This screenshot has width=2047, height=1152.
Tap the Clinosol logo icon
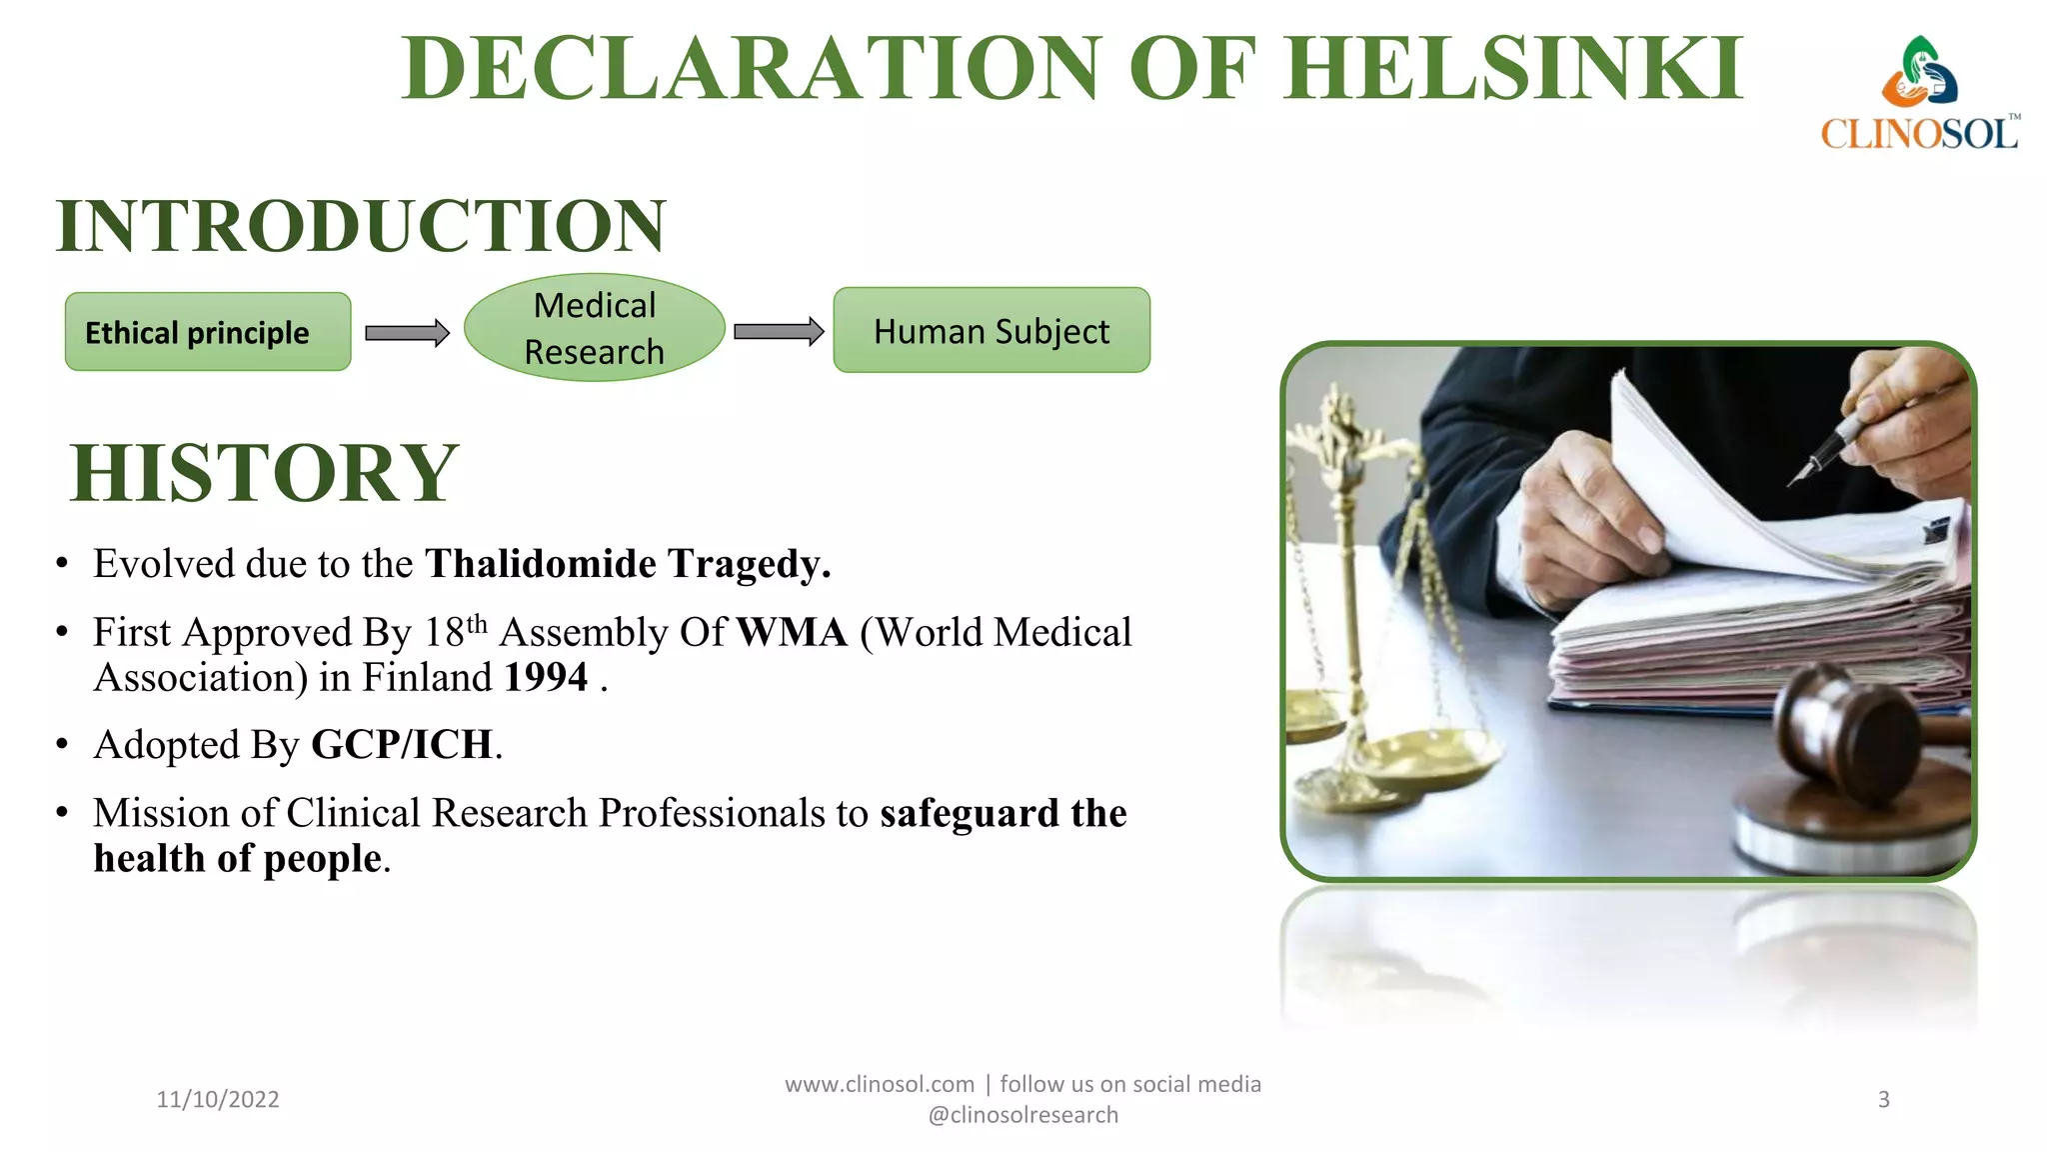[x=1919, y=72]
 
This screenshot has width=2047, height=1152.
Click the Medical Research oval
[x=595, y=328]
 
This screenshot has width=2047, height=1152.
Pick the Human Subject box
[x=992, y=331]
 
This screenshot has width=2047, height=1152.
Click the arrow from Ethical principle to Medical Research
[x=407, y=333]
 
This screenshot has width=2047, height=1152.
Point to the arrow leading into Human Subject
[x=779, y=332]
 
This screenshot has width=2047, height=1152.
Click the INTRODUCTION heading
[x=361, y=226]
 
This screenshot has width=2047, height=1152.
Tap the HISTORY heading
[x=265, y=473]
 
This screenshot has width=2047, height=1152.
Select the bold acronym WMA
[x=792, y=633]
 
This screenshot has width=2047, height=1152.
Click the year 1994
[x=546, y=678]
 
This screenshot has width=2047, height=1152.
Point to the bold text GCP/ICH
[x=402, y=745]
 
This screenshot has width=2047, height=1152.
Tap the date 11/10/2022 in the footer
[x=218, y=1099]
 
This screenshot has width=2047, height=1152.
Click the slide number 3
[x=1883, y=1099]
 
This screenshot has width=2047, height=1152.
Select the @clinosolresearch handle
[x=1023, y=1115]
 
